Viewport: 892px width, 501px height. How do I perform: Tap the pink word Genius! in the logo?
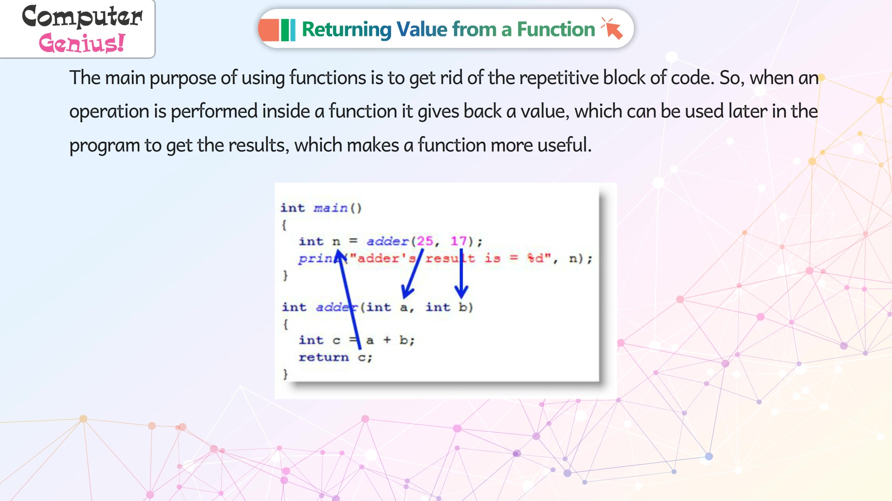click(x=82, y=43)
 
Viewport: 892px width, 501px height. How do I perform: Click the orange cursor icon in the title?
click(x=612, y=28)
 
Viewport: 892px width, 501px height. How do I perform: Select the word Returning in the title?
click(x=347, y=30)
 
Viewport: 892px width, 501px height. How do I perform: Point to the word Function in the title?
click(x=556, y=29)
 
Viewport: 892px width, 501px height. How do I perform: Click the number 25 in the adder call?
click(x=425, y=241)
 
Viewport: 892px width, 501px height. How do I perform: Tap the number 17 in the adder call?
click(x=459, y=241)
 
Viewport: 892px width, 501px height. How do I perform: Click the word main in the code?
click(x=330, y=208)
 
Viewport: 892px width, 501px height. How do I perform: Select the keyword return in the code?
click(x=323, y=357)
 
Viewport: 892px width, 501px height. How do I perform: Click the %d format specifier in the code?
click(x=535, y=258)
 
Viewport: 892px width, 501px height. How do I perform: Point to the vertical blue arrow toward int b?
click(x=461, y=273)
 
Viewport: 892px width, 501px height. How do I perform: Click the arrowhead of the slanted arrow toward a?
click(x=407, y=291)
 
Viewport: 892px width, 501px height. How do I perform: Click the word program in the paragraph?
click(x=105, y=146)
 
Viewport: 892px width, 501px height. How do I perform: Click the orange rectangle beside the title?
click(x=269, y=30)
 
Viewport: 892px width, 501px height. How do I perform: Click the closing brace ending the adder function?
click(x=285, y=374)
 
